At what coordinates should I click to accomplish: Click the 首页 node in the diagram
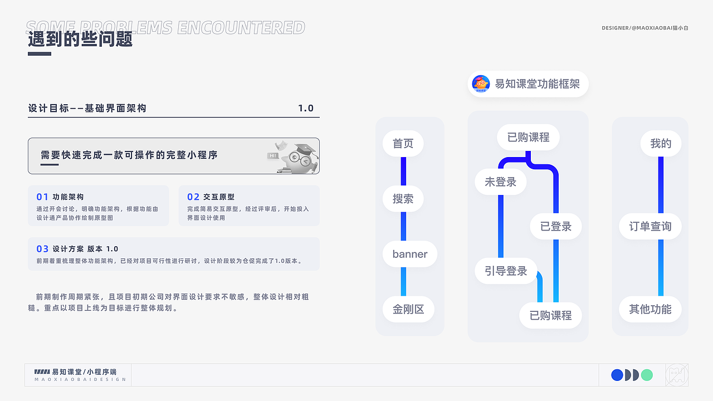click(403, 144)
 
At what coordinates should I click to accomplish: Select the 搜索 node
click(403, 199)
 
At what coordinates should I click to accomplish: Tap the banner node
click(410, 254)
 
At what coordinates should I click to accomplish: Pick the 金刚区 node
click(408, 309)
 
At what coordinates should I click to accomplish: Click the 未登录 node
click(500, 182)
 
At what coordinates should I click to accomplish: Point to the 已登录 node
click(555, 226)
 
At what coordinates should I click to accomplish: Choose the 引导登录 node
click(506, 271)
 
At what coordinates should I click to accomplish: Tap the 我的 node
click(661, 144)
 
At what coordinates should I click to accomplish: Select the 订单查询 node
click(650, 226)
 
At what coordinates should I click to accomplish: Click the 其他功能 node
click(650, 309)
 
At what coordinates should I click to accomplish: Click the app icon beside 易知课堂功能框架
click(481, 84)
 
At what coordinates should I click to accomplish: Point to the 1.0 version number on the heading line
click(306, 108)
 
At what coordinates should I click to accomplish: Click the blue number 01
click(42, 197)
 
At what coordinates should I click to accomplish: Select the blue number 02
click(193, 197)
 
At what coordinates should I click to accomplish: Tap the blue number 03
click(42, 249)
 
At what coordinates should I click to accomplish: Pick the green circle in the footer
click(647, 375)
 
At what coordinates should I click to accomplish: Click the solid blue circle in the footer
click(617, 375)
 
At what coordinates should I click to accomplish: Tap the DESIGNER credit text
click(645, 28)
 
